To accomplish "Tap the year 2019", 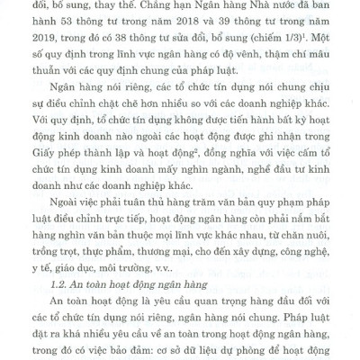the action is [x=68, y=45].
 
